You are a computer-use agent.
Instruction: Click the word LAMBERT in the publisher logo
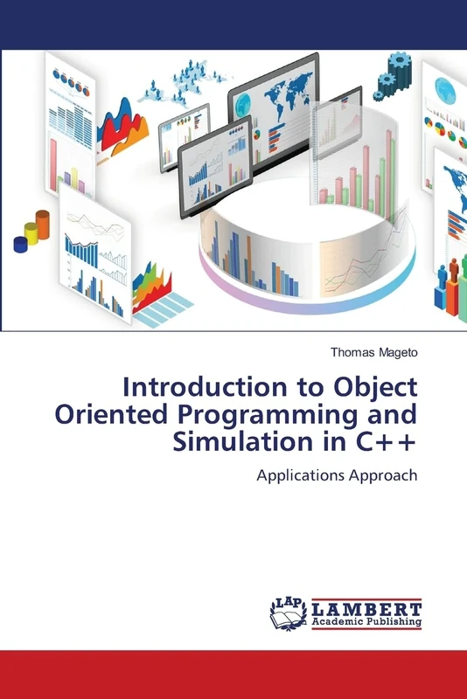[x=367, y=608]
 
